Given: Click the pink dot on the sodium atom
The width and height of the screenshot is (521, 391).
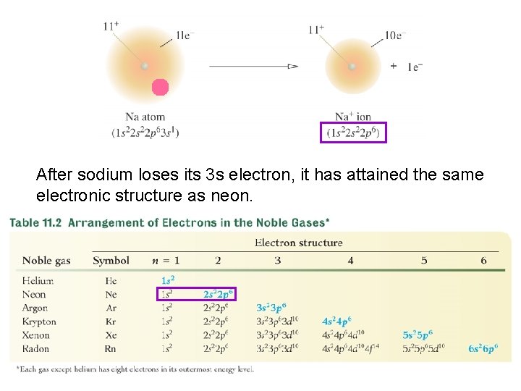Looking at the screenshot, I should [x=160, y=88].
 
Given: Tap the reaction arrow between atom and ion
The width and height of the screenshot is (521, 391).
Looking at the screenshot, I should [x=253, y=66].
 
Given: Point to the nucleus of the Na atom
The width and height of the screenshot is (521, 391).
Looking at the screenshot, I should [x=145, y=66].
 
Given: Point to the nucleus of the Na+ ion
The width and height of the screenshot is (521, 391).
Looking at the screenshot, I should [x=352, y=66].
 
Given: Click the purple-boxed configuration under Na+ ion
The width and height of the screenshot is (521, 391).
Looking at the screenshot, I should [x=353, y=133].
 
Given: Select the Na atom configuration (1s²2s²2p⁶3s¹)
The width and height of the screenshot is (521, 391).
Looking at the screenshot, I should [x=145, y=133].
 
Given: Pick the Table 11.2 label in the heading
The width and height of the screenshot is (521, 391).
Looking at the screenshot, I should [x=35, y=223].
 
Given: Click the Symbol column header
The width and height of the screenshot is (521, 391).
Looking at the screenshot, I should [x=111, y=261].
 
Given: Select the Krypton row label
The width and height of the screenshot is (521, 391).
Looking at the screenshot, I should [x=39, y=321].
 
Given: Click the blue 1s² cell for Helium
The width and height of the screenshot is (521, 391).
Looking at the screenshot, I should [x=168, y=280].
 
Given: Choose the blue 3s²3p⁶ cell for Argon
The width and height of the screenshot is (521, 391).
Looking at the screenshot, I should [x=272, y=308].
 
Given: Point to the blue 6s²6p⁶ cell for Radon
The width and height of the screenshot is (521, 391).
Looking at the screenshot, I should [x=483, y=349].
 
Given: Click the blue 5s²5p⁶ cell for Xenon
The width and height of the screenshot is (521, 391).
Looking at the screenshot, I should [x=418, y=335].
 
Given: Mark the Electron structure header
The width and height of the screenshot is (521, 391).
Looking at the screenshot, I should [x=298, y=243].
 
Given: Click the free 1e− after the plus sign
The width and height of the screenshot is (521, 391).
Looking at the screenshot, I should [x=415, y=67].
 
